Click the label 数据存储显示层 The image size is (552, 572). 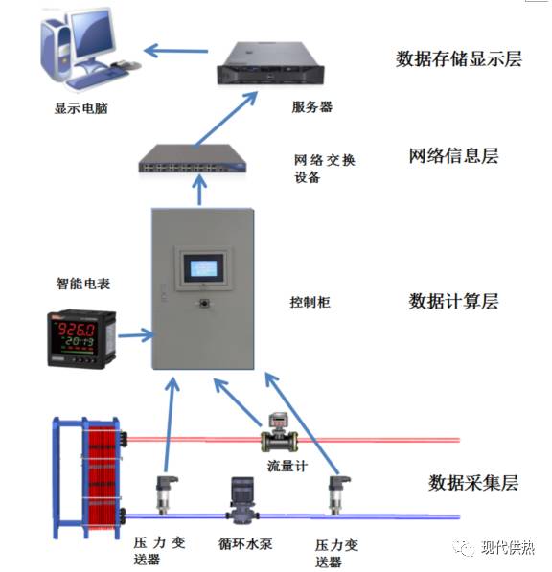[x=459, y=58]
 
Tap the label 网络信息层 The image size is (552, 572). [x=453, y=155]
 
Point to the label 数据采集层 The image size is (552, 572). [x=473, y=482]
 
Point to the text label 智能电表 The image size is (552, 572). [x=83, y=284]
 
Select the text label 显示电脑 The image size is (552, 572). [x=80, y=108]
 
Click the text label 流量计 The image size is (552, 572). [x=285, y=467]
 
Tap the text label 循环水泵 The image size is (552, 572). [x=245, y=544]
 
